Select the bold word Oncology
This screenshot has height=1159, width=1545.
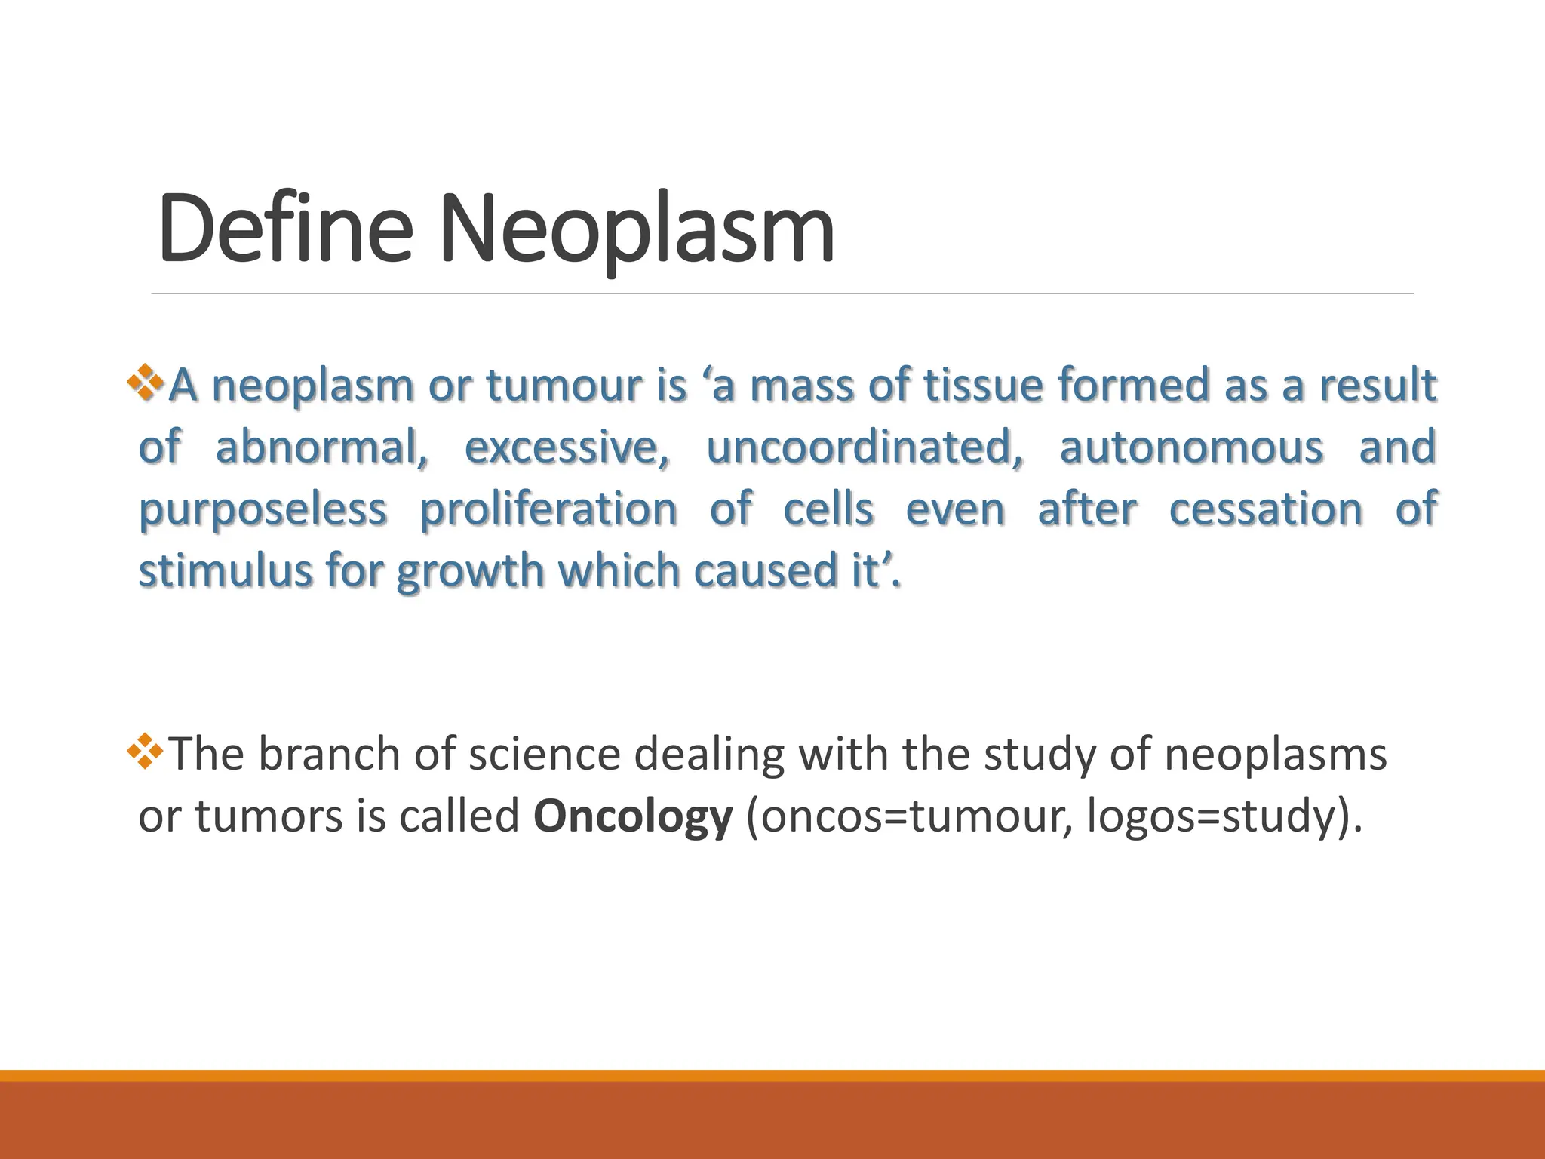tap(632, 816)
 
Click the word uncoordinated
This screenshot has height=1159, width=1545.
tap(865, 447)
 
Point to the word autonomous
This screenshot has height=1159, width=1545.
tap(1191, 447)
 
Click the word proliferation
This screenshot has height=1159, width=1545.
tap(548, 509)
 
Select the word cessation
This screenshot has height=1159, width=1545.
tap(1265, 509)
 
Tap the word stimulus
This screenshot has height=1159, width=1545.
tap(225, 570)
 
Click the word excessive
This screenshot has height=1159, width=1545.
tap(566, 447)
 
